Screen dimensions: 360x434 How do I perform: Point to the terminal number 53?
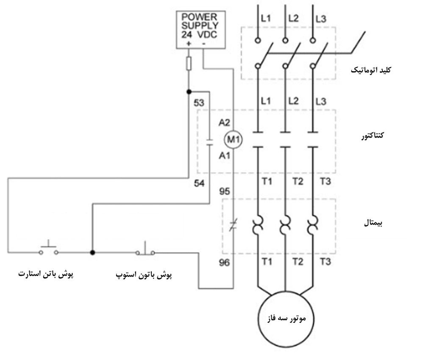[199, 103]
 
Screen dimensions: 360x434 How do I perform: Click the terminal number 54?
[199, 183]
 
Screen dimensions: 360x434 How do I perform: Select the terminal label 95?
[224, 192]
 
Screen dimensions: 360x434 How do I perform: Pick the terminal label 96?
[224, 263]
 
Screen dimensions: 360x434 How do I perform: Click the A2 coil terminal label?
[224, 123]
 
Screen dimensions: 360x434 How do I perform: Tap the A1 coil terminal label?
[224, 156]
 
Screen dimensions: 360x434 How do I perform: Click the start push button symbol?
[49, 250]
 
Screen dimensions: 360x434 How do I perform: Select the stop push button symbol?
[145, 250]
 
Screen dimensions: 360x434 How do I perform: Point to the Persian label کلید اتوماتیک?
[384, 69]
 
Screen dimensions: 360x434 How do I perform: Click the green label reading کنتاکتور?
[377, 137]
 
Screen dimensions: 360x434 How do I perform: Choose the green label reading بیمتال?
[376, 223]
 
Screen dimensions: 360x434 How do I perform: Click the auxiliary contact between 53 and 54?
[209, 141]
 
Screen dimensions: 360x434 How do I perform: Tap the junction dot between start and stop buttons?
[92, 252]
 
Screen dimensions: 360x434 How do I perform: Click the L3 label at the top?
[321, 19]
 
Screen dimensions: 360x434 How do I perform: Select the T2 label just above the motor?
[298, 262]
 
